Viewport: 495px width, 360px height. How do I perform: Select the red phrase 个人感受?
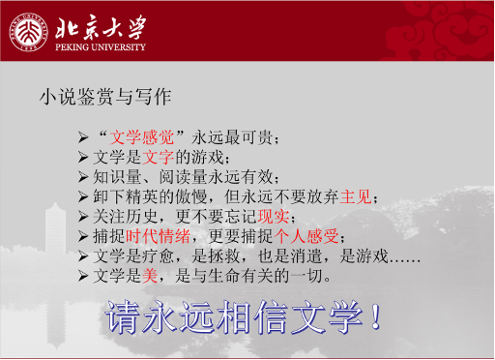(x=307, y=236)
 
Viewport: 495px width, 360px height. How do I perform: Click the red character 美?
(x=149, y=277)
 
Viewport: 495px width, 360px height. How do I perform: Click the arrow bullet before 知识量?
(x=83, y=176)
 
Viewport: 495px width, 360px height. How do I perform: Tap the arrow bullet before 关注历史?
(x=83, y=216)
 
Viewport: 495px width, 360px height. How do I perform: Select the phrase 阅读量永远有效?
(x=220, y=176)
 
